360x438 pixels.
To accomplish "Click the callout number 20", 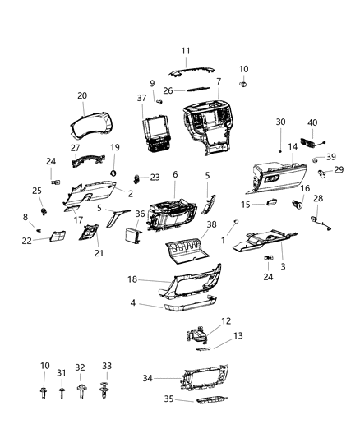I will point(81,95).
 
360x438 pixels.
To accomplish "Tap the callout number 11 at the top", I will point(185,50).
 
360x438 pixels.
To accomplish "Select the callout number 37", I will point(141,99).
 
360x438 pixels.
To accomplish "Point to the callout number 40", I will point(312,122).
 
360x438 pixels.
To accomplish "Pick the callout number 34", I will point(148,379).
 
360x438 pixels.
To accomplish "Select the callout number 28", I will point(320,199).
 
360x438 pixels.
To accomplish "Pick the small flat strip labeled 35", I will point(207,401).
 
